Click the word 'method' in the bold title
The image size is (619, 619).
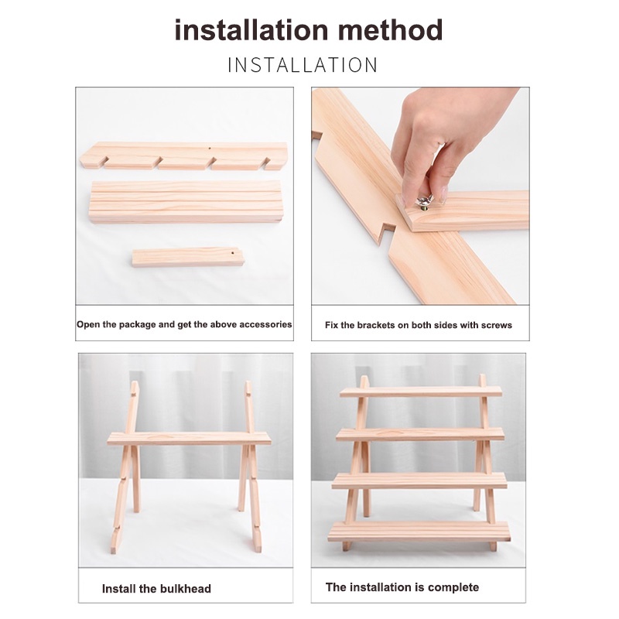(390, 30)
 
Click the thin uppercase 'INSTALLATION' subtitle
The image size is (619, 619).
(303, 65)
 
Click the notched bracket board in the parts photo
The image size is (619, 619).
(183, 156)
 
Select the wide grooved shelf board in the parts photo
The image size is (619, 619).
(185, 202)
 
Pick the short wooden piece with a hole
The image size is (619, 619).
(188, 258)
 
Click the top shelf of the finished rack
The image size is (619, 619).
(421, 392)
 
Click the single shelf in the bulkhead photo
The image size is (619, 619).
(189, 439)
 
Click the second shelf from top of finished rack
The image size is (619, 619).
(420, 434)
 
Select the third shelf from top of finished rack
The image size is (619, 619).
(419, 480)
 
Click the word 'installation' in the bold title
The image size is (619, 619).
(251, 30)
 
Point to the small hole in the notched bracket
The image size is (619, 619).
(209, 149)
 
